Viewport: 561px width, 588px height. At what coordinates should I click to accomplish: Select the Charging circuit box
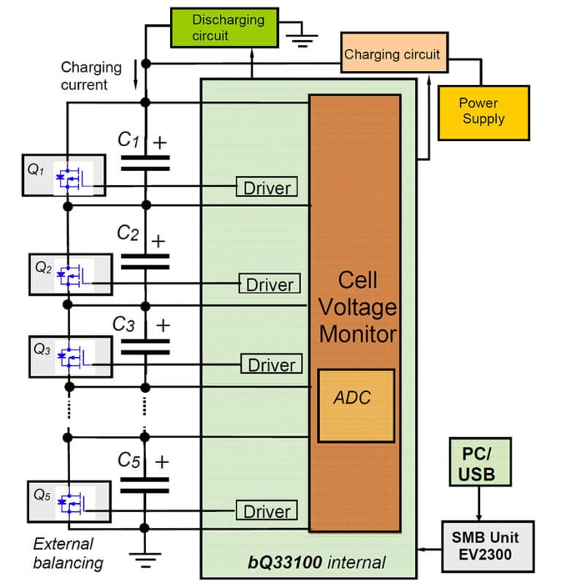[393, 54]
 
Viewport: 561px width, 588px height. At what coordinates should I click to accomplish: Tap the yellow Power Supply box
[483, 112]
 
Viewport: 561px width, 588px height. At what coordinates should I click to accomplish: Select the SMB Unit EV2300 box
[487, 546]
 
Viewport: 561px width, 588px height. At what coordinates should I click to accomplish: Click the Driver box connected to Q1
[267, 187]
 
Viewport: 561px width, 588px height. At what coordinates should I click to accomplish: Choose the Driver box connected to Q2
[269, 284]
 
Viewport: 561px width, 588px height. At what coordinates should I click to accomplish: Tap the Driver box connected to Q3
[271, 364]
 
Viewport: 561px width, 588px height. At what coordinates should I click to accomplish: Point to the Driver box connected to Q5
[267, 511]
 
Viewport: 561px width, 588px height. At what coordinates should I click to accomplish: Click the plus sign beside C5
[161, 462]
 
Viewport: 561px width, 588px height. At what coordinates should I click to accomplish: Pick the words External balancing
[67, 554]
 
